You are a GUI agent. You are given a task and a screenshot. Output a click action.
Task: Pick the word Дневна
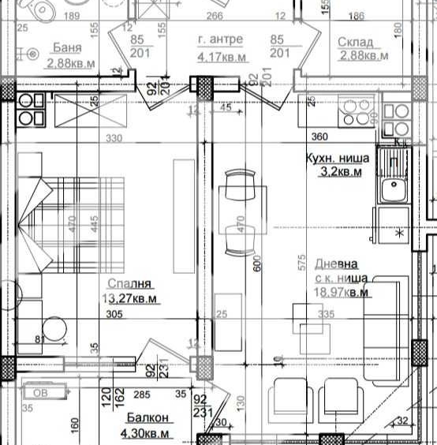coord(336,265)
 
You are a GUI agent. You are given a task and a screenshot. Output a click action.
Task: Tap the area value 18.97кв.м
coord(342,292)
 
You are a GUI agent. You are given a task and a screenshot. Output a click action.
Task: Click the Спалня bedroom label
coord(130,284)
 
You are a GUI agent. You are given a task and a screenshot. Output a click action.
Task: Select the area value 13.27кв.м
coord(131,298)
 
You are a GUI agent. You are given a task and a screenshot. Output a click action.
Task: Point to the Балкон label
coord(144,419)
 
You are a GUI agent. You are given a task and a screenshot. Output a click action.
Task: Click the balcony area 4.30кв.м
coord(144,433)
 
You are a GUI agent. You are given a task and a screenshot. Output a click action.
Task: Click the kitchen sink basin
coord(390,190)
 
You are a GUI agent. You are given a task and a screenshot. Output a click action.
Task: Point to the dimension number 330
coord(116,138)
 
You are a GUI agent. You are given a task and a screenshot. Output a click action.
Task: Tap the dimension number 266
coord(215,15)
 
